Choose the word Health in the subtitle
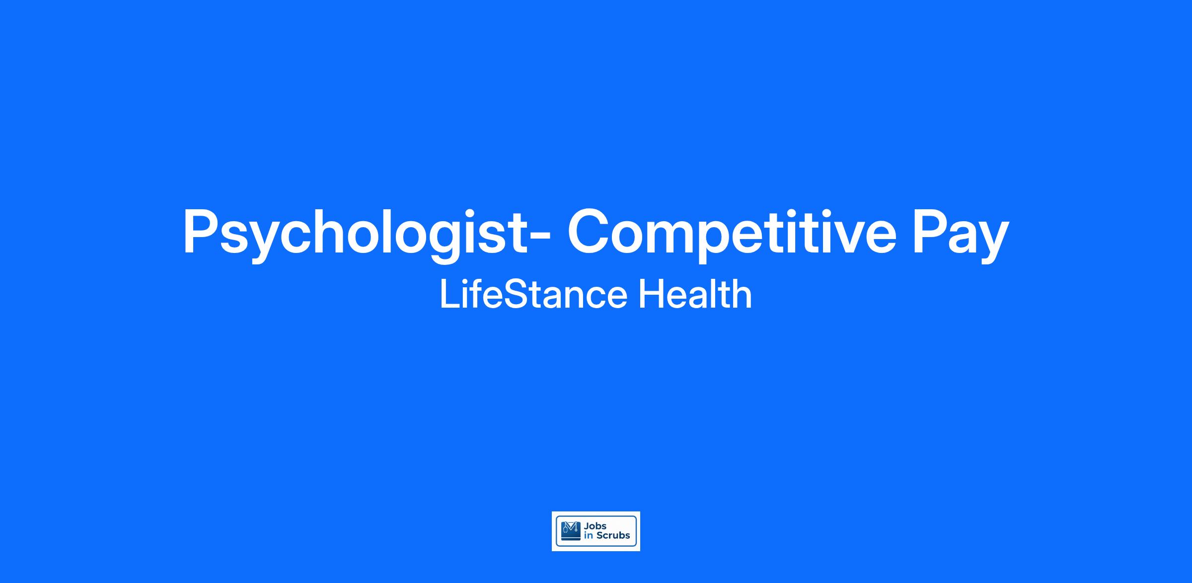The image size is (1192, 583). (695, 295)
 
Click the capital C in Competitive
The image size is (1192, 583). (591, 232)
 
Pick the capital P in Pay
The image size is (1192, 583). (932, 232)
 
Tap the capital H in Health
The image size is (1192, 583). (651, 295)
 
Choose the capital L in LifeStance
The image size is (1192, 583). (449, 295)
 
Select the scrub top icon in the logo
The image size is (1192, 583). (571, 531)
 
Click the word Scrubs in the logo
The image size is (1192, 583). (613, 536)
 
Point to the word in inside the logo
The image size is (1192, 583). (589, 536)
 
